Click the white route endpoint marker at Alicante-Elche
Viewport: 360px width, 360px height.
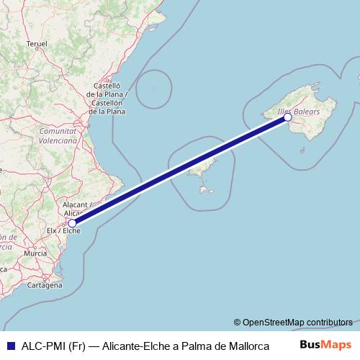pos(72,223)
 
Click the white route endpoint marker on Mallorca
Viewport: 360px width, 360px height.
pos(288,117)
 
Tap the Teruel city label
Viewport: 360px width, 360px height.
pos(36,44)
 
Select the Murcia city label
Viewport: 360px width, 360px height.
pos(35,254)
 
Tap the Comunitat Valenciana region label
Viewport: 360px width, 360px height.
pos(58,136)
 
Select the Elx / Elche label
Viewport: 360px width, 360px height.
pos(63,231)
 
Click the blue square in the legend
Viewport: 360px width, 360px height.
pos(9,345)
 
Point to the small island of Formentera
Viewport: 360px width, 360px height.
pos(207,191)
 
